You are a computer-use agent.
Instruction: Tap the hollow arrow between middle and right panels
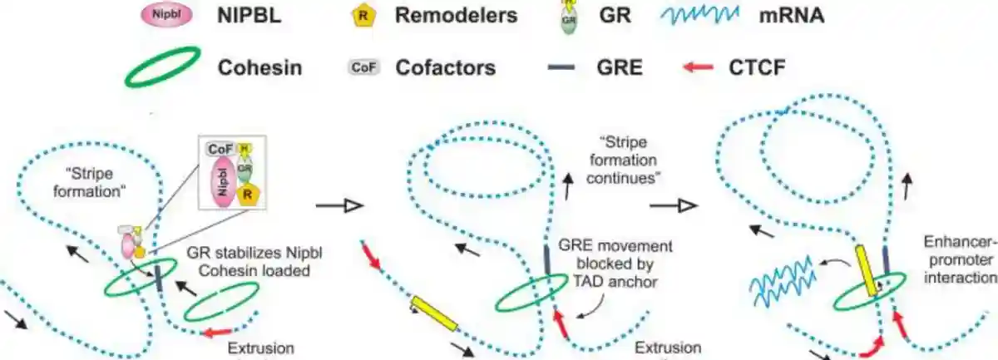click(x=674, y=204)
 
